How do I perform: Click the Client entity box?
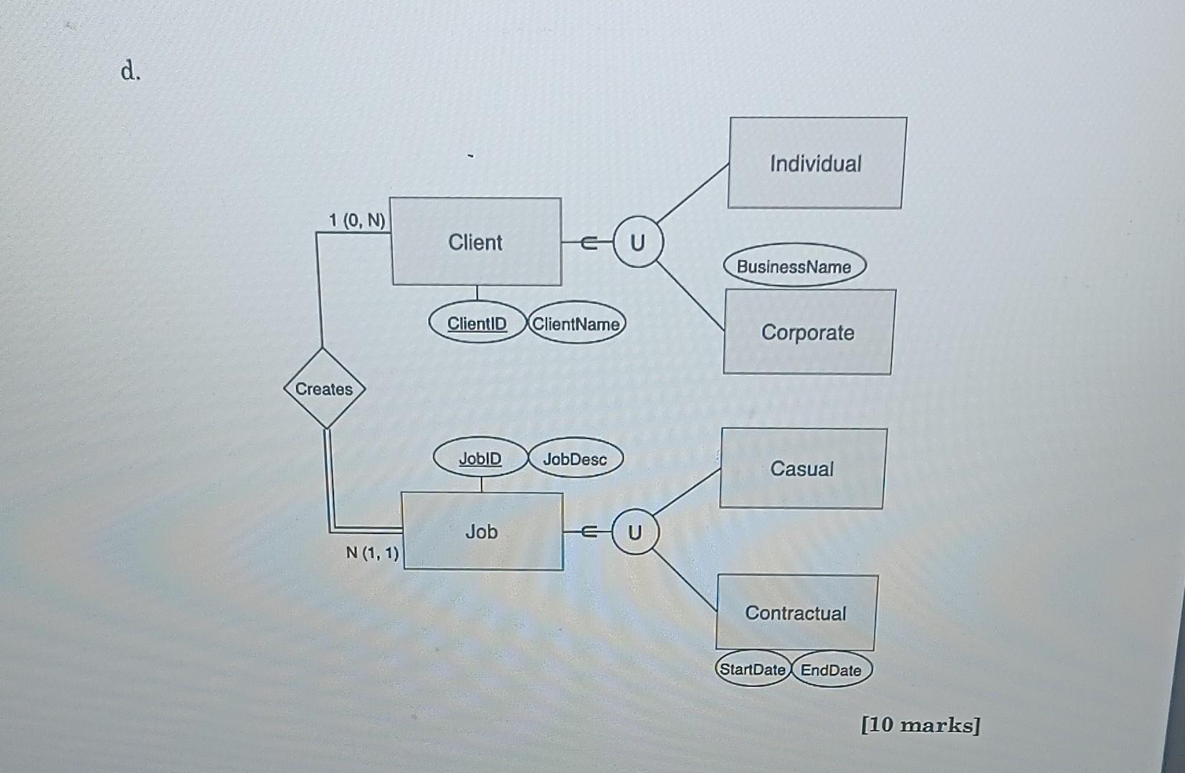pos(476,241)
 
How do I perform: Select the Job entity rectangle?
pos(482,531)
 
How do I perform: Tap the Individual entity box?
pos(816,163)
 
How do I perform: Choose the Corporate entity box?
pos(808,332)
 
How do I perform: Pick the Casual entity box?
pos(802,469)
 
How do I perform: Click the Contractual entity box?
pos(796,613)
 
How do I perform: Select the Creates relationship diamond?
pos(324,389)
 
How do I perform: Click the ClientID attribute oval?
pos(477,324)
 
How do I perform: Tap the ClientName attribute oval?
pos(576,324)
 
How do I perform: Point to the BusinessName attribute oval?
pos(794,267)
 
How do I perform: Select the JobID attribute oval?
pos(480,458)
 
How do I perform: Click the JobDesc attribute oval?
pos(575,459)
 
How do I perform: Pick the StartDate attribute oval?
pos(753,669)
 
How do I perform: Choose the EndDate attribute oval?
pos(831,670)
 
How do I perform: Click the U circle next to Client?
pos(637,243)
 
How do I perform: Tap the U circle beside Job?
pos(634,532)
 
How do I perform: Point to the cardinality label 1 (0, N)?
pos(357,220)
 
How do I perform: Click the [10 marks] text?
pos(920,725)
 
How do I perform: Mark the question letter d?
pos(130,71)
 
